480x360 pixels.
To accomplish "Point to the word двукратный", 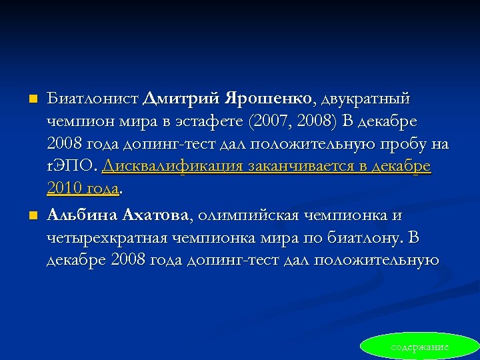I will (366, 99).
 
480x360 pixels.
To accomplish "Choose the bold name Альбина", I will (83, 215).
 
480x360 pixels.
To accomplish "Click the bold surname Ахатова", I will (157, 215).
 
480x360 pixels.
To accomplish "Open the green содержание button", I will (420, 347).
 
